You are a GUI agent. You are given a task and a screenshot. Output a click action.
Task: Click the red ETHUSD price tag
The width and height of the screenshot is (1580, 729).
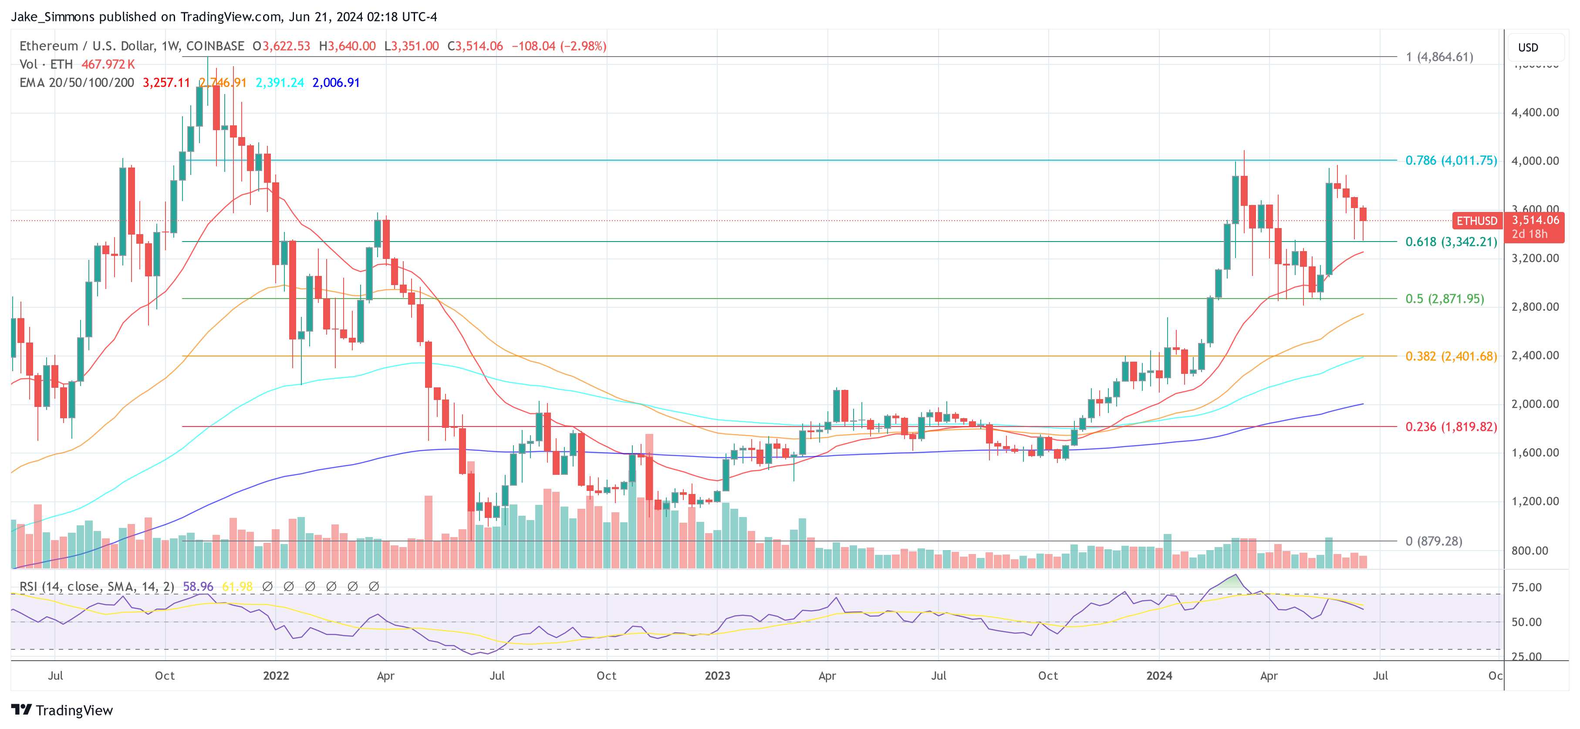pos(1476,221)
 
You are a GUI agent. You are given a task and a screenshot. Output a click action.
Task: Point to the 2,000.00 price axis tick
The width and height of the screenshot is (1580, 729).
pos(1535,403)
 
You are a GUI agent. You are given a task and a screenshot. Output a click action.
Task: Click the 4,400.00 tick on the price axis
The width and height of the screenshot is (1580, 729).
pos(1535,112)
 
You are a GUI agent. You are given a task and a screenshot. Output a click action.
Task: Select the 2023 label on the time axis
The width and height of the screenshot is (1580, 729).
pos(717,675)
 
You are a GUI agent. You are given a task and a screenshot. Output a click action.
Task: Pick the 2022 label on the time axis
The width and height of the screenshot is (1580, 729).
pos(275,675)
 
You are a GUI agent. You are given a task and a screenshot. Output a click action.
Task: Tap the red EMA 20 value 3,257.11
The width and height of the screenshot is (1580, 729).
pos(166,82)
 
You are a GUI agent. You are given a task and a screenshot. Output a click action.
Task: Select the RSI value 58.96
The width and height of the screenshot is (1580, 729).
pos(198,587)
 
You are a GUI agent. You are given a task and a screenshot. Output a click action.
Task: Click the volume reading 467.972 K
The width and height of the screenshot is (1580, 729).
pos(108,64)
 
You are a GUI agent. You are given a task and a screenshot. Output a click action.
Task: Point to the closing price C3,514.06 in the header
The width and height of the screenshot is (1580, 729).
pos(475,46)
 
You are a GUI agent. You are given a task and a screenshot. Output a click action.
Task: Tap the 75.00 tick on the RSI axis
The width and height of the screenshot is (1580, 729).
pos(1526,588)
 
